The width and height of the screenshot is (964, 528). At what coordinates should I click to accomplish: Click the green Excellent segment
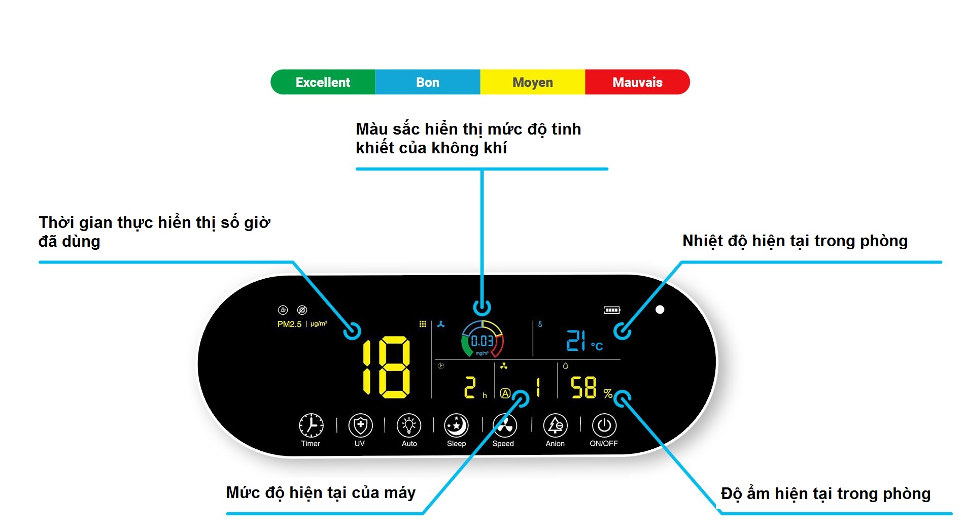[x=323, y=82]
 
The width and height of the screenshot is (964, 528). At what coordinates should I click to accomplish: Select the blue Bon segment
[x=428, y=82]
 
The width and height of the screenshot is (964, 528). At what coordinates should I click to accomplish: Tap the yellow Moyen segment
[x=533, y=82]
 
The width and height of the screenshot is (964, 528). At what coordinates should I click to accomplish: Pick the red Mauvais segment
[x=637, y=82]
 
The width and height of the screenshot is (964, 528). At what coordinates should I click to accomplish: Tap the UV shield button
[x=360, y=425]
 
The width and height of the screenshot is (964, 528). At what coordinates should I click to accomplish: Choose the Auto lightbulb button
[x=409, y=425]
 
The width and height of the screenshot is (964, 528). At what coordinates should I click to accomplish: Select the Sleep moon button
[x=456, y=425]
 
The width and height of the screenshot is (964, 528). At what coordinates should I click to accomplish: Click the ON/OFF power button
[x=604, y=425]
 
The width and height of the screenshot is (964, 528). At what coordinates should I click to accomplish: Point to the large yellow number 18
[x=386, y=367]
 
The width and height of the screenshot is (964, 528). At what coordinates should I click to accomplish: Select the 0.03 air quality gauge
[x=482, y=340]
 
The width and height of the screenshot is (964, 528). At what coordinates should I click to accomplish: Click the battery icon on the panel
[x=612, y=310]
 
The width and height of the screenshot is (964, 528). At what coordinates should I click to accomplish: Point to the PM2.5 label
[x=289, y=324]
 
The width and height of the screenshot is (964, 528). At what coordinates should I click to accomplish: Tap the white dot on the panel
[x=660, y=309]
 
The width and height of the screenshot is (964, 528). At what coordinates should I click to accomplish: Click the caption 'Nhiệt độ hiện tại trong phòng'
[x=795, y=241]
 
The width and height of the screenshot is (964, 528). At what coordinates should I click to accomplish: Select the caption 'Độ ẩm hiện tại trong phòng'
[x=825, y=493]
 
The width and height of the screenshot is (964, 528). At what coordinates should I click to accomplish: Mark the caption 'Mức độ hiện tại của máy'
[x=321, y=492]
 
